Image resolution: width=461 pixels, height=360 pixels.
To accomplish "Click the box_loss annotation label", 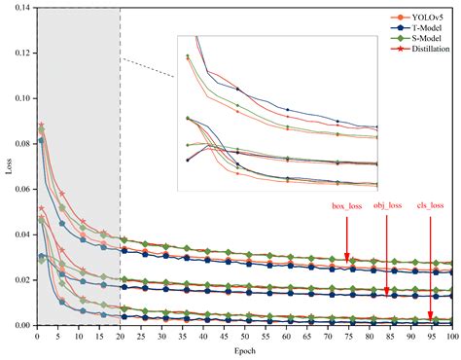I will click(x=347, y=205).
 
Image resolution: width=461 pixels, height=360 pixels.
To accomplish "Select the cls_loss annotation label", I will click(x=430, y=205).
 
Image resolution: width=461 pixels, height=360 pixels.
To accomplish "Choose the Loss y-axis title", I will click(x=9, y=166).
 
